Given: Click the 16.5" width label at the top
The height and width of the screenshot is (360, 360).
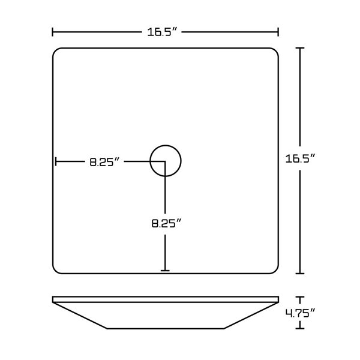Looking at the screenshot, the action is coord(163,32).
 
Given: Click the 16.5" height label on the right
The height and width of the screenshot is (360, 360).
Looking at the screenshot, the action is coord(300,158).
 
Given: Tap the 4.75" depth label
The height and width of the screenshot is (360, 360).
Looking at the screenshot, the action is coord(300,313).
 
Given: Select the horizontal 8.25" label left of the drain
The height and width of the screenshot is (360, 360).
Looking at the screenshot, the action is coord(104,162).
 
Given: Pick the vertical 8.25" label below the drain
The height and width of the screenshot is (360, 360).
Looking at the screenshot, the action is coord(167,223).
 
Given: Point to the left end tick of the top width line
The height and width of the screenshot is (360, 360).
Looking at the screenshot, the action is coord(53,32).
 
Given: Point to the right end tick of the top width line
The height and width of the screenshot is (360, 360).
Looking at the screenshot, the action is coord(278,32).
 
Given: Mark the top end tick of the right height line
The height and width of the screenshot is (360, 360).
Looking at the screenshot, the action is coord(300,48).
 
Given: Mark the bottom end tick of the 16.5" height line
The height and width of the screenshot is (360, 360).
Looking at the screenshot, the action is coord(300,274).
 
